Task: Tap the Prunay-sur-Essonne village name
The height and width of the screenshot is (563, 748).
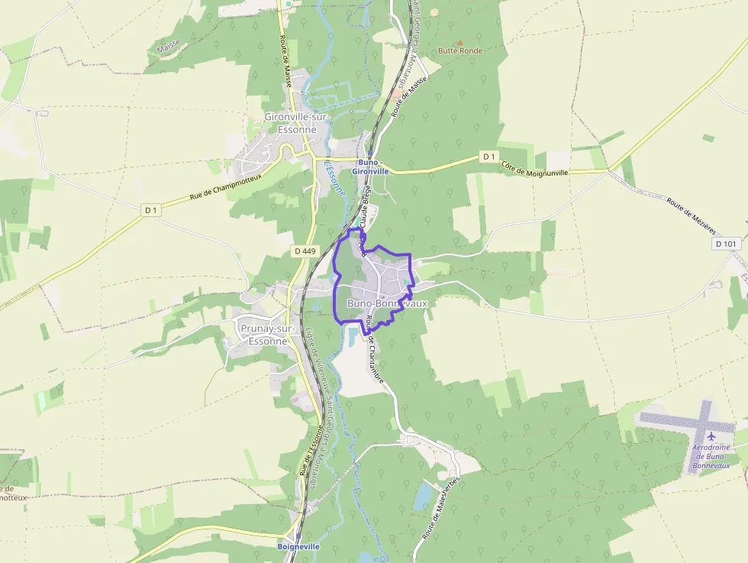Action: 263,335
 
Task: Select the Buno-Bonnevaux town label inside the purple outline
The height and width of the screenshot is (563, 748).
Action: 387,303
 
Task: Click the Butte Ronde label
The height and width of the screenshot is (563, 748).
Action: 460,50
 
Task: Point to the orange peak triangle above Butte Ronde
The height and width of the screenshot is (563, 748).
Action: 459,41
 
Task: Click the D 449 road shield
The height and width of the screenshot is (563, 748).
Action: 304,251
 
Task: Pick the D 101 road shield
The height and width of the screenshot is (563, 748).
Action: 727,244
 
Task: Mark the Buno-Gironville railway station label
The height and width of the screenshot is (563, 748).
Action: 371,167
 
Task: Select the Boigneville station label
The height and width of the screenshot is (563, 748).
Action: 298,547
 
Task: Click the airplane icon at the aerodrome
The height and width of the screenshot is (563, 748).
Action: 712,436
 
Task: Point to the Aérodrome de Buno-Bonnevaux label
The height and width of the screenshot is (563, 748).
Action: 711,456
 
